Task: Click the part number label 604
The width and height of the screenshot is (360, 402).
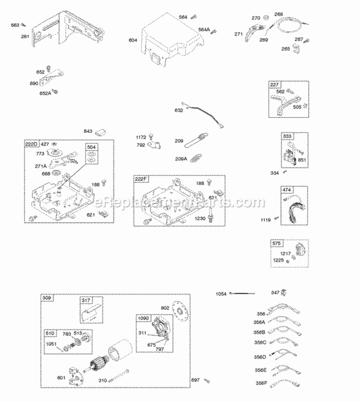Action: (133, 40)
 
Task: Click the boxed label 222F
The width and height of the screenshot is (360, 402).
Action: (140, 179)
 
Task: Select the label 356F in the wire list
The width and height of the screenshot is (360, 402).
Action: (262, 383)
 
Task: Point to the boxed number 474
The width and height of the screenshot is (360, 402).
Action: (287, 190)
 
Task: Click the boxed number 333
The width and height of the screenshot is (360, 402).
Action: (287, 137)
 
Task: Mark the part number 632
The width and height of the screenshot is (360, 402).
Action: (179, 110)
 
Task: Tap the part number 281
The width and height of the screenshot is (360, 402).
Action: (25, 36)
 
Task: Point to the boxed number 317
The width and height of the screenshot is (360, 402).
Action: (85, 301)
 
